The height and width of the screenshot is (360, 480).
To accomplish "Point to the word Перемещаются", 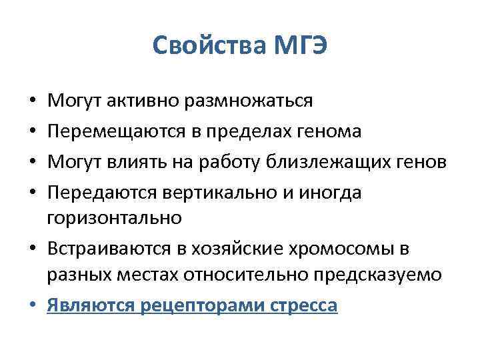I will tap(107, 132).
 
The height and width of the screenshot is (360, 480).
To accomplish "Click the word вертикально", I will tap(206, 193).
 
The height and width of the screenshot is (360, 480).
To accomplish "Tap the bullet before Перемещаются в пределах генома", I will tap(33, 132).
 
